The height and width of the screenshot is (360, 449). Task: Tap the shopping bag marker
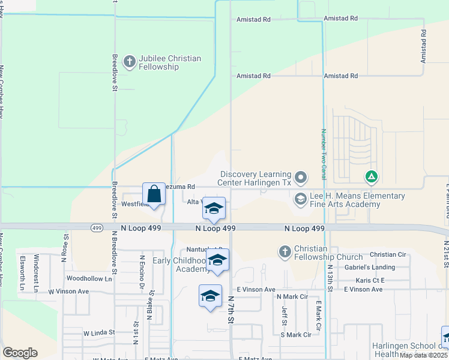pyautogui.click(x=154, y=195)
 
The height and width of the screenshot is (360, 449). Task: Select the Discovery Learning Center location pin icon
pyautogui.click(x=301, y=178)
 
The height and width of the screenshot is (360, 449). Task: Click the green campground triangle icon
pyautogui.click(x=372, y=177)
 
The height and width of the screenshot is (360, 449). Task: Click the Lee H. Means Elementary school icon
pyautogui.click(x=300, y=199)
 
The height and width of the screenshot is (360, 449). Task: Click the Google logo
pyautogui.click(x=20, y=353)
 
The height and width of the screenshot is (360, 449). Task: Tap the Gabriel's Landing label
pyautogui.click(x=374, y=267)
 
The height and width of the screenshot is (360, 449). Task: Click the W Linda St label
pyautogui.click(x=99, y=332)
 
